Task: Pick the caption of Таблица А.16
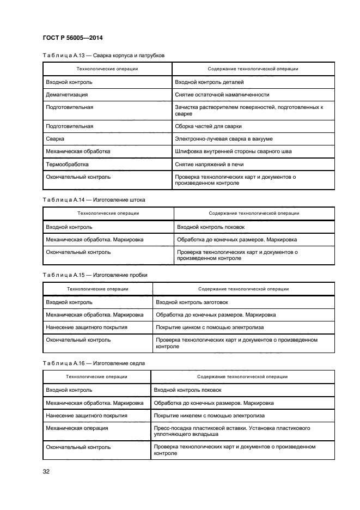click(x=94, y=363)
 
